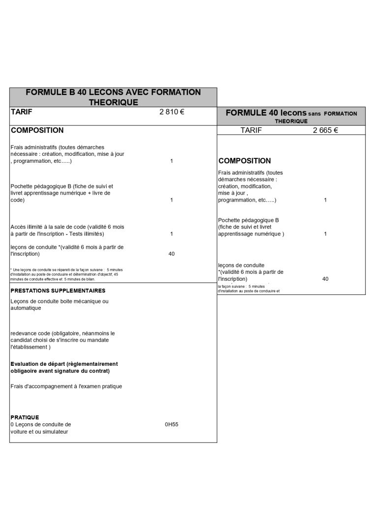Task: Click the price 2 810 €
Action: [172, 112]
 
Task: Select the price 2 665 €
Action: [325, 130]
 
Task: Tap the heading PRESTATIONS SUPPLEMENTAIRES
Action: [58, 291]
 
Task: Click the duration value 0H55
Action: [172, 424]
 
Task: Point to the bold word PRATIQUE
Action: [25, 417]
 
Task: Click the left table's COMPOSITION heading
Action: [37, 130]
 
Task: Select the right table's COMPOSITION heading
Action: [244, 161]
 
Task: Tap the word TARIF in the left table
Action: [21, 112]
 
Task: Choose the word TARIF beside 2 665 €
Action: [251, 130]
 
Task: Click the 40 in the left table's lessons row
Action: [172, 254]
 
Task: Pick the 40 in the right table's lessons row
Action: [325, 279]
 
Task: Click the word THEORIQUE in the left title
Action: [113, 102]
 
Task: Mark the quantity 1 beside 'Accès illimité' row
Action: [172, 234]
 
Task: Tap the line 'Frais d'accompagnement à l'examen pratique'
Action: [66, 386]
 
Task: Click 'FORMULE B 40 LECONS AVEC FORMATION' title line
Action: [113, 92]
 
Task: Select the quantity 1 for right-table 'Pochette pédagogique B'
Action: [325, 234]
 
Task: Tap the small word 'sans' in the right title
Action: [315, 114]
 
